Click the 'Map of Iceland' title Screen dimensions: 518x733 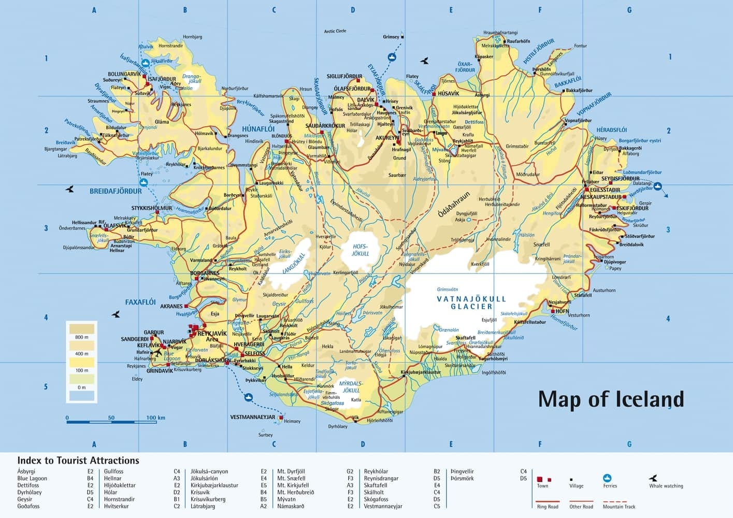coord(611,399)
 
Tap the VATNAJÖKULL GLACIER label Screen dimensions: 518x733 coord(471,303)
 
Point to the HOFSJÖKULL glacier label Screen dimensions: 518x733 coord(361,250)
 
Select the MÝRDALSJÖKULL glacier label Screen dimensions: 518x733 coord(351,387)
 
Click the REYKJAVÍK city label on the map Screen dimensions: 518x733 coord(212,333)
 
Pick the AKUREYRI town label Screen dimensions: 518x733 coord(388,138)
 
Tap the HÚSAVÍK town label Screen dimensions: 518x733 coord(448,94)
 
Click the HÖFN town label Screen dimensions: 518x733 coord(562,311)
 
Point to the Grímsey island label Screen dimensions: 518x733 coord(391,37)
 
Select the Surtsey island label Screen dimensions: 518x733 coord(265,435)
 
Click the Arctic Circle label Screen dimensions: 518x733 coord(335,31)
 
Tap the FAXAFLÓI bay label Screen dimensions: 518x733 coord(140,302)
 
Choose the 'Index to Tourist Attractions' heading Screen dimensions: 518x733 coord(78,460)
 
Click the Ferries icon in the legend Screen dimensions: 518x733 coord(608,478)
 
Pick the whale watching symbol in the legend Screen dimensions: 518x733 coord(654,478)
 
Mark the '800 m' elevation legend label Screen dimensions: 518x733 coord(82,337)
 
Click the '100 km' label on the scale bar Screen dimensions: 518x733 coord(155,418)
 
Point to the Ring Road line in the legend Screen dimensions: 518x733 coord(548,501)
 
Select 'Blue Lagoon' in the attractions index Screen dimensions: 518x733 coord(32,478)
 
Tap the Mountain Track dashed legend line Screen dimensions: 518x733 coord(615,501)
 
